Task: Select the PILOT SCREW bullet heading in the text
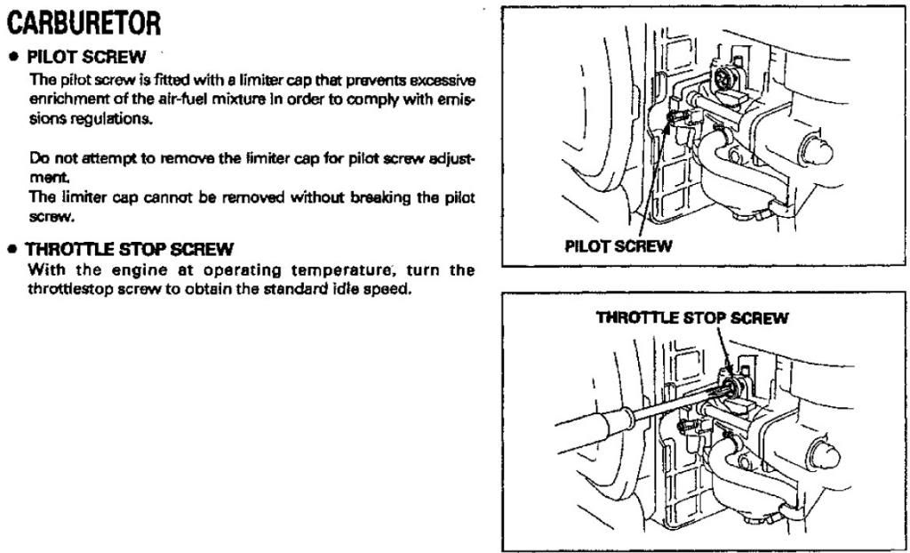86,57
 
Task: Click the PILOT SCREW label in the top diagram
618,246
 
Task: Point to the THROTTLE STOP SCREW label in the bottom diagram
691,317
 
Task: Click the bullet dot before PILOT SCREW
14,57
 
